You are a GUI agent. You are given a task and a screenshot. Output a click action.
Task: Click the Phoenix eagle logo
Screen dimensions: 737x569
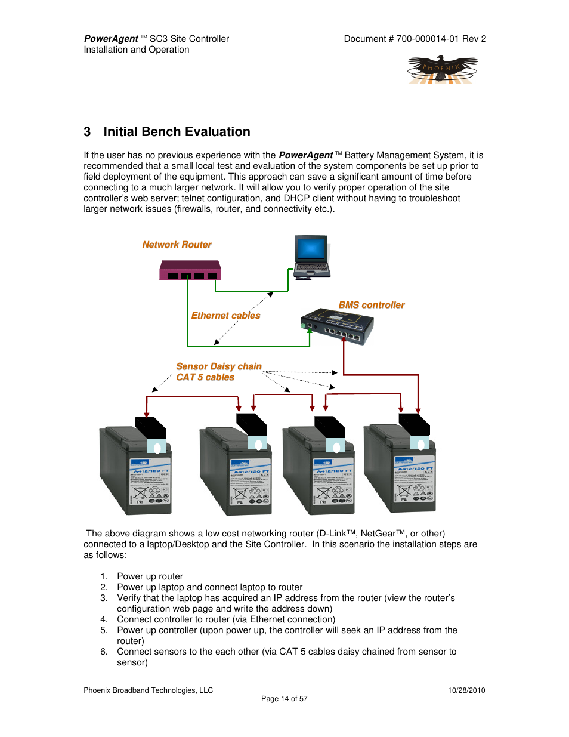pos(443,70)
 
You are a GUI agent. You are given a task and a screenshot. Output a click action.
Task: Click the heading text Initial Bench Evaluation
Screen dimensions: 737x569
pos(177,132)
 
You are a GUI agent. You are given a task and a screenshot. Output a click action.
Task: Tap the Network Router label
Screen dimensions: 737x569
pos(177,245)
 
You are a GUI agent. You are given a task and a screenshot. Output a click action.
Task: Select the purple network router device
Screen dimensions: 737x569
pos(190,271)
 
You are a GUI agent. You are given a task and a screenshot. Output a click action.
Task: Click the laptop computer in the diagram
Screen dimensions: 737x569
pos(311,257)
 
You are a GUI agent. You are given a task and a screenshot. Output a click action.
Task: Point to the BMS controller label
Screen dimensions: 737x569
pos(371,305)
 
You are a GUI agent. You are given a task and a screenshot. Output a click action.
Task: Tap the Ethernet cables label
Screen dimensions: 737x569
pos(225,316)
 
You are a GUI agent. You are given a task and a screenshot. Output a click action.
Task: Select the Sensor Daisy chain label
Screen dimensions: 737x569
pos(219,366)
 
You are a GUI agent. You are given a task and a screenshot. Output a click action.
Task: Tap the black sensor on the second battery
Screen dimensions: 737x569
pos(251,424)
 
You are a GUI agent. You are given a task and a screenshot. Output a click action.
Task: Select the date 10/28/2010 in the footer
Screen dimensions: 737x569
pos(466,690)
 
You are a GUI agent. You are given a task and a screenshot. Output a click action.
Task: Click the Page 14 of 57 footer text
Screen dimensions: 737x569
pos(284,699)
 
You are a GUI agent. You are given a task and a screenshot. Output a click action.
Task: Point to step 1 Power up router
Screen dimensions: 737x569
pos(150,576)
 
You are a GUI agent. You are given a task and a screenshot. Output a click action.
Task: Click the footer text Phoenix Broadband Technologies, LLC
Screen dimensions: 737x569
pos(148,690)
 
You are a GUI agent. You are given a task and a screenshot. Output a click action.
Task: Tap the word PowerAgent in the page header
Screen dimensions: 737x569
pos(111,39)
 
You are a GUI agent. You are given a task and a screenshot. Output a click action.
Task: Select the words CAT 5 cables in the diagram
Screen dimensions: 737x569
pos(205,377)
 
